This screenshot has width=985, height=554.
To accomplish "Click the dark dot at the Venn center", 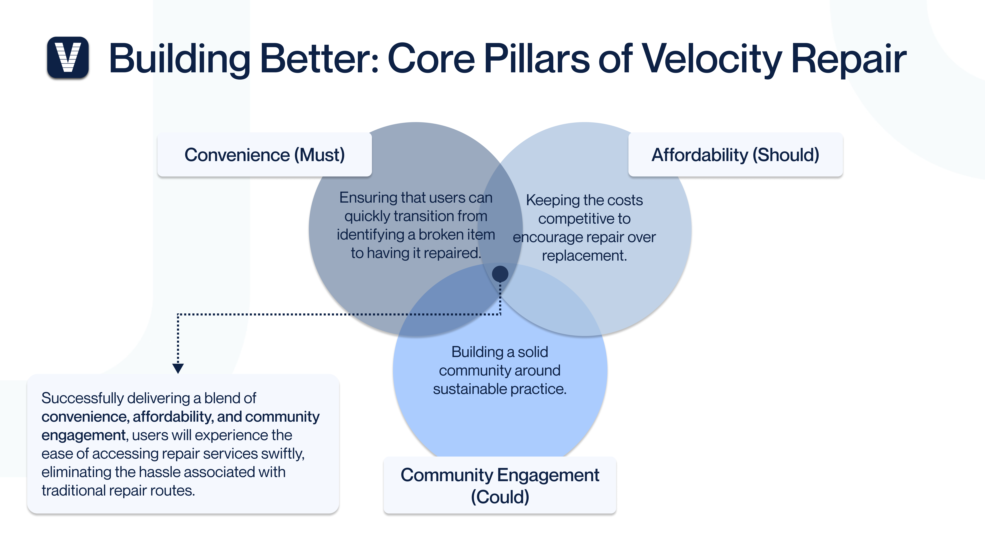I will (x=500, y=274).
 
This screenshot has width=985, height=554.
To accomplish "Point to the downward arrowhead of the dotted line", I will (x=178, y=368).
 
